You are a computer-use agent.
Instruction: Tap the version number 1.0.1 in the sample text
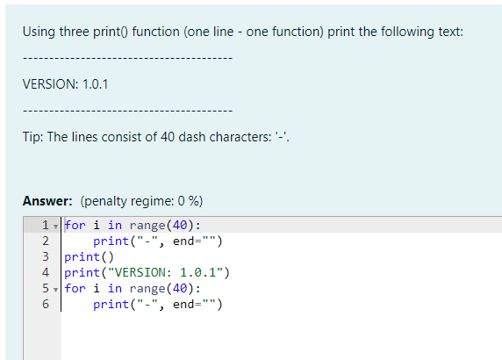pyautogui.click(x=95, y=84)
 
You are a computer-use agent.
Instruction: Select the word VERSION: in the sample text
pyautogui.click(x=50, y=84)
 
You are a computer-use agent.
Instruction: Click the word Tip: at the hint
pyautogui.click(x=32, y=137)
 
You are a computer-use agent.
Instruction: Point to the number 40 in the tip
pyautogui.click(x=168, y=137)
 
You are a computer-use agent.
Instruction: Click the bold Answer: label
pyautogui.click(x=47, y=201)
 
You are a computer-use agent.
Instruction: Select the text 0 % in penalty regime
pyautogui.click(x=188, y=201)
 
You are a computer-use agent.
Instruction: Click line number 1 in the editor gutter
pyautogui.click(x=46, y=225)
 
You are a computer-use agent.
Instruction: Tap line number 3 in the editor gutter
pyautogui.click(x=46, y=256)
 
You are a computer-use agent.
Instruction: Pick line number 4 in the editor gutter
pyautogui.click(x=46, y=272)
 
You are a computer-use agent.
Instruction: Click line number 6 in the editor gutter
pyautogui.click(x=46, y=304)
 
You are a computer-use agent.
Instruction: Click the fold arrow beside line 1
pyautogui.click(x=55, y=227)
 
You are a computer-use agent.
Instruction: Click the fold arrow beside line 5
pyautogui.click(x=55, y=290)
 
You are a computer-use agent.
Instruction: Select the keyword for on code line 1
pyautogui.click(x=75, y=225)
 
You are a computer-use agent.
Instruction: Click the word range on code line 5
pyautogui.click(x=147, y=289)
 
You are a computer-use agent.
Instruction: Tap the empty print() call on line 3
pyautogui.click(x=89, y=257)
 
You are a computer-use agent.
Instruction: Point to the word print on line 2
pyautogui.click(x=111, y=241)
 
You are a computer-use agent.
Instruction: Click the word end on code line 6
pyautogui.click(x=183, y=305)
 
